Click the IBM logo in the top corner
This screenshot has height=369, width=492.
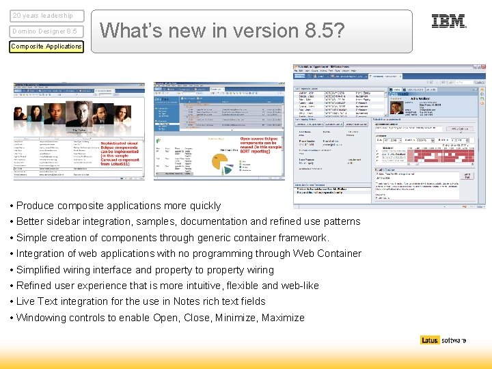[x=449, y=21]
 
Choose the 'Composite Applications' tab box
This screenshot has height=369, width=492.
[x=46, y=46]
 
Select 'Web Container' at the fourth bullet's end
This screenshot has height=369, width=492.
[x=329, y=254]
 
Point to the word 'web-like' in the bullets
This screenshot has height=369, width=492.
[x=299, y=286]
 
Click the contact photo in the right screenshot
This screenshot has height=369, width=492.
[x=396, y=107]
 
